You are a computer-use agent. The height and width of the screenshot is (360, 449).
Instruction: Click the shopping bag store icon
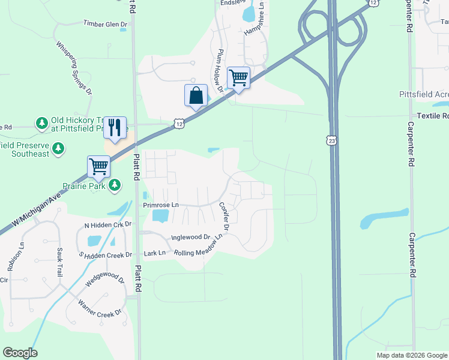tap(196, 95)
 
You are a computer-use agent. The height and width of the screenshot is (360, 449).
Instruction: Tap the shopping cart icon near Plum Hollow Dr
tap(238, 77)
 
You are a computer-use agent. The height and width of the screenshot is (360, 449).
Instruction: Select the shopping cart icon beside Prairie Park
tap(98, 166)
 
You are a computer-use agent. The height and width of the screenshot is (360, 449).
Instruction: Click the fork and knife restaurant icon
tap(115, 128)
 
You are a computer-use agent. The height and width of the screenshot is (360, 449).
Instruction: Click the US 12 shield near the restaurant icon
tap(179, 123)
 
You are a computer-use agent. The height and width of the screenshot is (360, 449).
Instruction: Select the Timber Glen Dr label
tap(105, 24)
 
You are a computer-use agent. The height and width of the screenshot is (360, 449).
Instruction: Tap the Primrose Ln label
tap(161, 205)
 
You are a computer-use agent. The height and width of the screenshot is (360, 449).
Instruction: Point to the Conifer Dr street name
tap(224, 216)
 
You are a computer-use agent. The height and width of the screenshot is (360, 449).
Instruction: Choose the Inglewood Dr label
tap(190, 237)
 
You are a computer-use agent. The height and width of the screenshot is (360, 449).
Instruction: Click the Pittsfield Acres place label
tap(424, 95)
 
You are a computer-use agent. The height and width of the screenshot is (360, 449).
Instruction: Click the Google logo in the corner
tap(20, 353)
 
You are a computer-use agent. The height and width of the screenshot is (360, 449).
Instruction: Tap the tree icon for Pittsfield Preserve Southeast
tap(58, 148)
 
